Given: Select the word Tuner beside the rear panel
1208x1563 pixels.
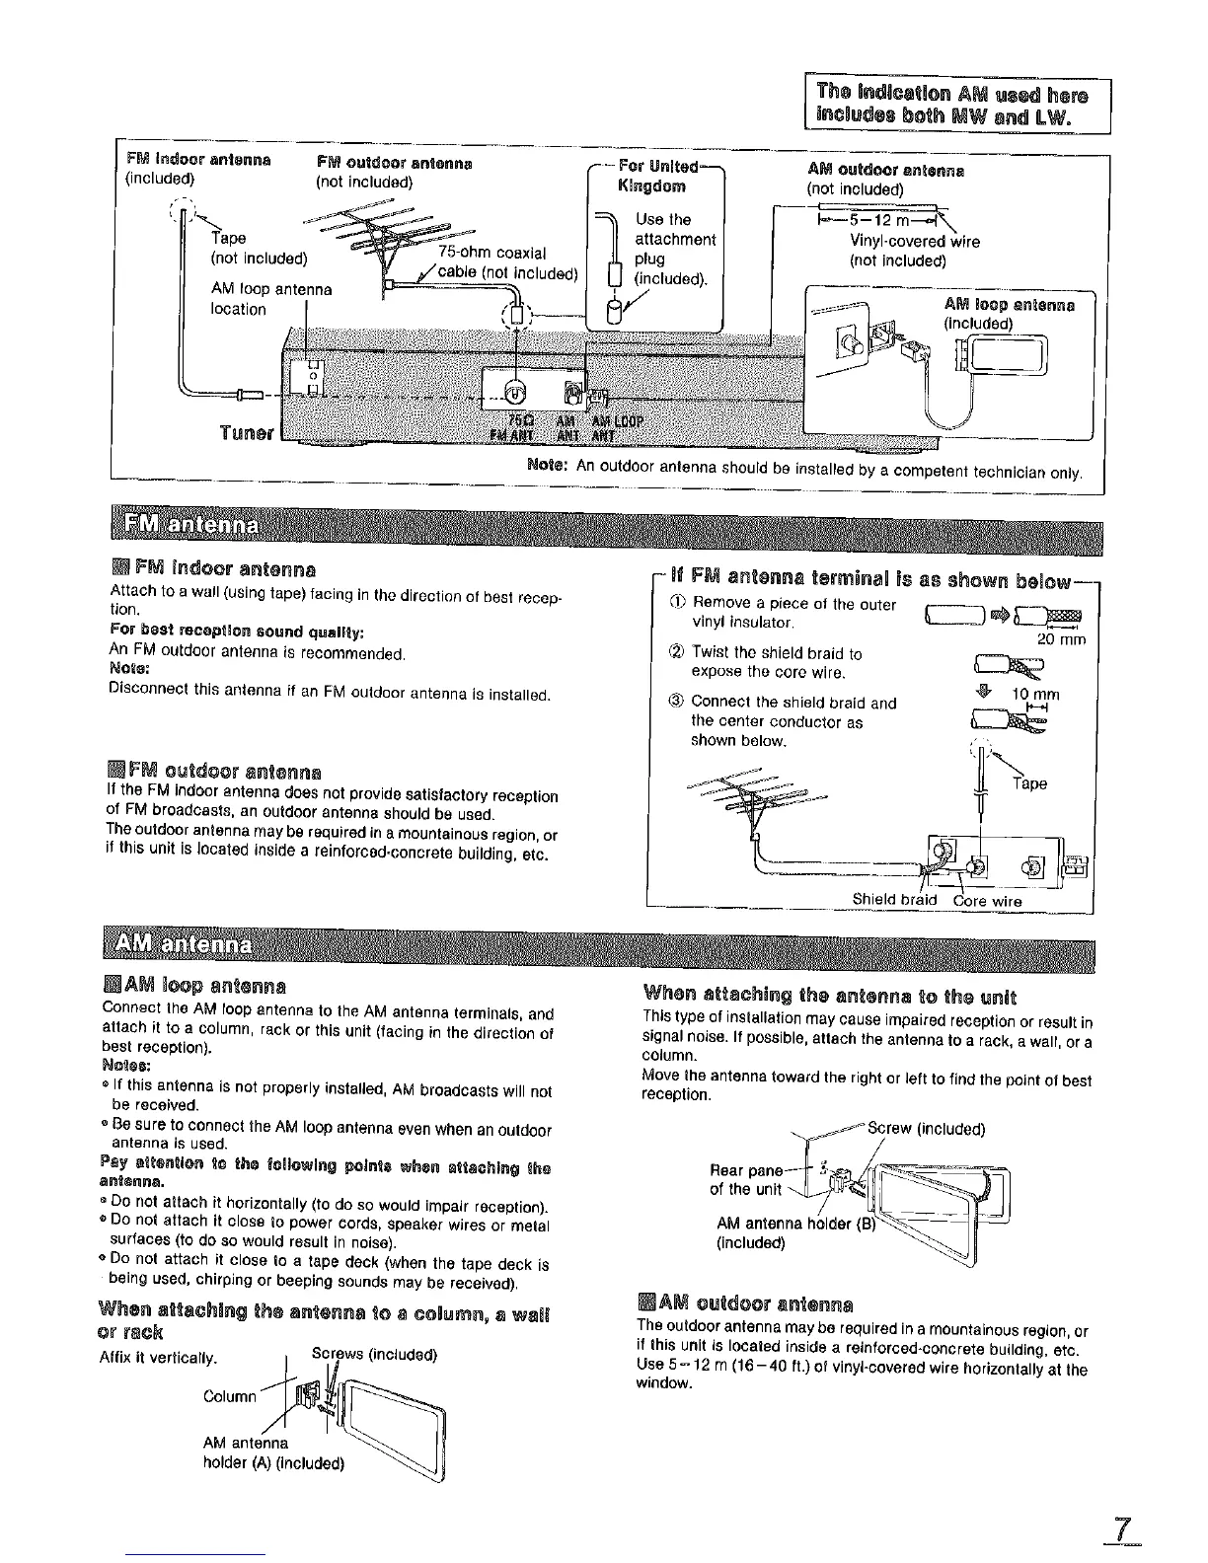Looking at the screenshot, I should (247, 433).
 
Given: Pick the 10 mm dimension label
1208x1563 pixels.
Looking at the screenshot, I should (1035, 695).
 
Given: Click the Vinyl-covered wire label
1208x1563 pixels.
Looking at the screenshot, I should (914, 241).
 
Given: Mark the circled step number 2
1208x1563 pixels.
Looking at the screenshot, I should (679, 653).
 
